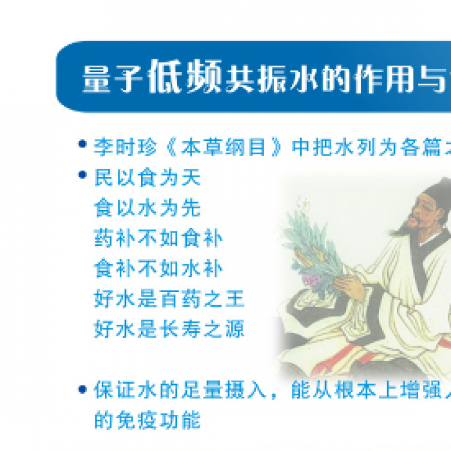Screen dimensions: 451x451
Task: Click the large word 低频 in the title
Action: [x=186, y=77]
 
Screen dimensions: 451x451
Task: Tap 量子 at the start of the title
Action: [x=113, y=79]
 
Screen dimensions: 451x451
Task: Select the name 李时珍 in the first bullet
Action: [x=125, y=147]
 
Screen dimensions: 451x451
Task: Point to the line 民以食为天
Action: [x=148, y=177]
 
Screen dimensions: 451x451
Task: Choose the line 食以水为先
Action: [x=148, y=208]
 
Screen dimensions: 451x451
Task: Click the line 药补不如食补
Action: [x=158, y=238]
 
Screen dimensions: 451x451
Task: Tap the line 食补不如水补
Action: [x=158, y=269]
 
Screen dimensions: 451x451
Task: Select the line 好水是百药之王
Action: [x=169, y=299]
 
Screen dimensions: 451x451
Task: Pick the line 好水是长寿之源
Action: [x=169, y=329]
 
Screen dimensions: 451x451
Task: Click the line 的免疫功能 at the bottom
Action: [x=148, y=420]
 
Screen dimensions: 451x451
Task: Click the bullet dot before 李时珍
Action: [x=82, y=144]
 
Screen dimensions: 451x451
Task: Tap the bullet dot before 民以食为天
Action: [x=82, y=175]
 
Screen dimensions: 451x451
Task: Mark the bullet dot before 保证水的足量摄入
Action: [x=82, y=389]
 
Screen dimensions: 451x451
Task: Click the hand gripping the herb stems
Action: [x=349, y=283]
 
